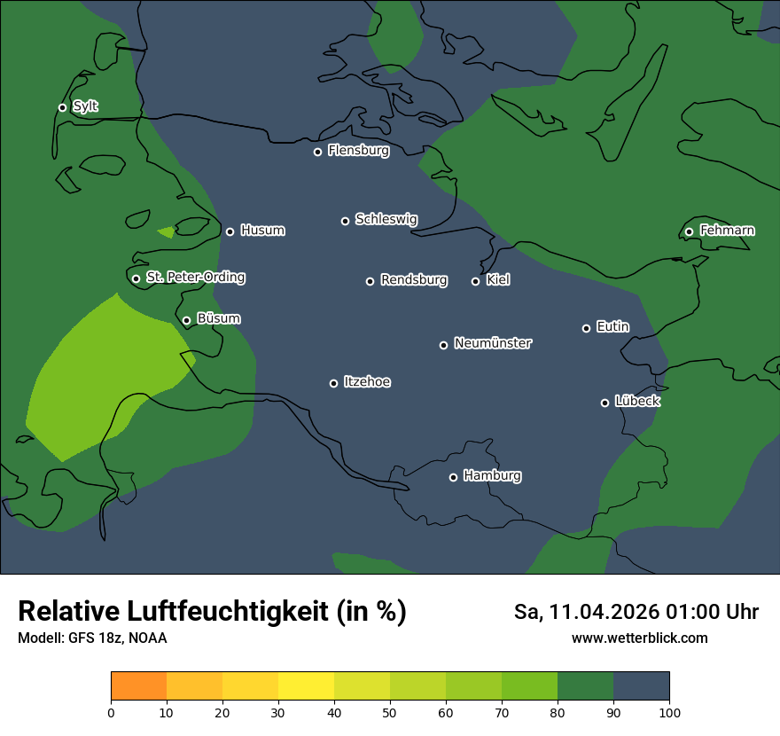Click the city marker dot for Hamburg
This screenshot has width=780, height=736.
click(x=453, y=477)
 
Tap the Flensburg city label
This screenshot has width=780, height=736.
click(x=358, y=151)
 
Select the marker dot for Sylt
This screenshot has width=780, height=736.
click(x=62, y=107)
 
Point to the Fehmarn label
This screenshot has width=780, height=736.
click(x=727, y=231)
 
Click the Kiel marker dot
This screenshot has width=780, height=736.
click(x=475, y=281)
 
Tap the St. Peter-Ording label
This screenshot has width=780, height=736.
click(x=195, y=278)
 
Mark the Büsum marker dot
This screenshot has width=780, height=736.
click(x=186, y=321)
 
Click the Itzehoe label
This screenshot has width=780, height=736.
click(x=367, y=382)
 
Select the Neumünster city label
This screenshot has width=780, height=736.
click(x=493, y=343)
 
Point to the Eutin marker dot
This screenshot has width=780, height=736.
click(x=586, y=328)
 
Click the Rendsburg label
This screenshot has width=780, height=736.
click(x=414, y=280)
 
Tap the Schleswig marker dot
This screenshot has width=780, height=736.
click(x=345, y=221)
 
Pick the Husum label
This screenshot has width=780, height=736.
click(x=262, y=231)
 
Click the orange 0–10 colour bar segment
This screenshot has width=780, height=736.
click(x=138, y=686)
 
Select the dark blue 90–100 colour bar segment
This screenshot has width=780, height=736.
click(x=641, y=686)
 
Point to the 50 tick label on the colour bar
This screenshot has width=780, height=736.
click(x=390, y=712)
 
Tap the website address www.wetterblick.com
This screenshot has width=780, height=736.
click(x=639, y=638)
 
